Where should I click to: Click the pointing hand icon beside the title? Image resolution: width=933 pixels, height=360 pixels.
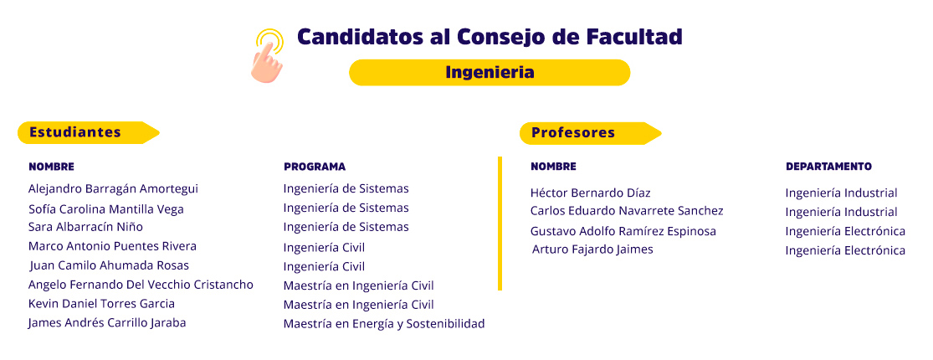coord(267,56)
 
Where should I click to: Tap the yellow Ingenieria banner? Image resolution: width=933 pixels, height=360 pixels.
coord(490,73)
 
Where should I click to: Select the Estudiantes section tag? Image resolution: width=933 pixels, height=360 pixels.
coord(88,132)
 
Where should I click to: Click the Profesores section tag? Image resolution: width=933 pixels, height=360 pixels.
coord(590,132)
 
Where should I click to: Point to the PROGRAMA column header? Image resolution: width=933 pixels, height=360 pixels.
coord(314,167)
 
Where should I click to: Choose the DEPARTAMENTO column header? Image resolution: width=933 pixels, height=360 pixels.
coord(828,167)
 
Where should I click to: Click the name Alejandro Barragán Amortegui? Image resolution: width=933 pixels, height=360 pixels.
coord(113,189)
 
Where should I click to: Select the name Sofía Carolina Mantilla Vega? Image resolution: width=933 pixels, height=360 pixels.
coord(106,209)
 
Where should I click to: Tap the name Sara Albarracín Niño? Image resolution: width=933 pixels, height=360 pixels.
coord(85,228)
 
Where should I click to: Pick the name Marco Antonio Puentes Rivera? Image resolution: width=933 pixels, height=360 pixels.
coord(112,246)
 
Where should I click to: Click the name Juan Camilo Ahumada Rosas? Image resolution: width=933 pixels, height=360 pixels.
coord(110,265)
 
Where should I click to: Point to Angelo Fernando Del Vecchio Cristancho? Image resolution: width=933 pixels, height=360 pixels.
coord(141,285)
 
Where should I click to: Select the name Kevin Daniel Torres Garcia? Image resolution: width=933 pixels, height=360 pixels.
coord(101,304)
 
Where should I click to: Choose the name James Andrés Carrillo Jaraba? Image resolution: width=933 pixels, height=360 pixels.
coord(107,323)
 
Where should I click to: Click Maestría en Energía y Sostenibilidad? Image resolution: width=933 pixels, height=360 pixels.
coord(384,324)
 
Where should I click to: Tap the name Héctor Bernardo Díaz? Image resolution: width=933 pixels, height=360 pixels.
coord(590,193)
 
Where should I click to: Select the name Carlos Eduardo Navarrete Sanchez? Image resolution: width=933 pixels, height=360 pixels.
coord(627,211)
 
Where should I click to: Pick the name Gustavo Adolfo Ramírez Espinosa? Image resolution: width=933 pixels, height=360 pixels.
coord(623,231)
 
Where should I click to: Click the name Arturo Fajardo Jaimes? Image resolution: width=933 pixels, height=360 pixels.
coord(592,249)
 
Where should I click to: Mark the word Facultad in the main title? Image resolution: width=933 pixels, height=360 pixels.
coord(634,37)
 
